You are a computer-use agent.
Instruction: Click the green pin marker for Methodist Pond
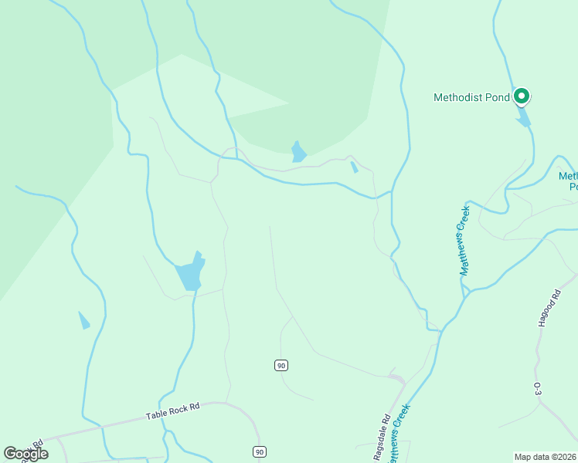(522, 96)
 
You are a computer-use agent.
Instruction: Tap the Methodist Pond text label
(471, 97)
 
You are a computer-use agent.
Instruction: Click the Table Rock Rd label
(172, 411)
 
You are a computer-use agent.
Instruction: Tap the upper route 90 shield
(280, 365)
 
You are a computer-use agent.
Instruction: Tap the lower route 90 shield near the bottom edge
(259, 451)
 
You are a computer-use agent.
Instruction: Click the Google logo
(25, 454)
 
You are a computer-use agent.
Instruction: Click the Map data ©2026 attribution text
(545, 457)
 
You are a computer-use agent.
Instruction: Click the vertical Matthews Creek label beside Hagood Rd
(464, 240)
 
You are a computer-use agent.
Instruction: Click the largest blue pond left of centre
(190, 273)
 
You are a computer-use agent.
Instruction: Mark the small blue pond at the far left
(83, 320)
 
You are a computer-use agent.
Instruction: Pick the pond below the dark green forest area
(298, 151)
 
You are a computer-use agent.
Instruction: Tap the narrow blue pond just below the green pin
(524, 117)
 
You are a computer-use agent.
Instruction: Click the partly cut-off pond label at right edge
(568, 181)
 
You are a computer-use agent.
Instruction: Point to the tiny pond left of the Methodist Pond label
(354, 167)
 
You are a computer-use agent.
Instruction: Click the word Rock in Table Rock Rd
(174, 411)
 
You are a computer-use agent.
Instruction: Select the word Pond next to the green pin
(497, 97)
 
